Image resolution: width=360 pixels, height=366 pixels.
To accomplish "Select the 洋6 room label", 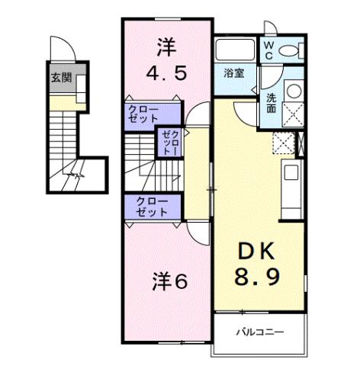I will click(x=168, y=281).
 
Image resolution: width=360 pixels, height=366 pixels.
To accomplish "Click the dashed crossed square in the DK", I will click(x=282, y=143).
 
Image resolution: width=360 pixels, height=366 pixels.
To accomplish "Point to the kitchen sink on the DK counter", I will click(x=291, y=173).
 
